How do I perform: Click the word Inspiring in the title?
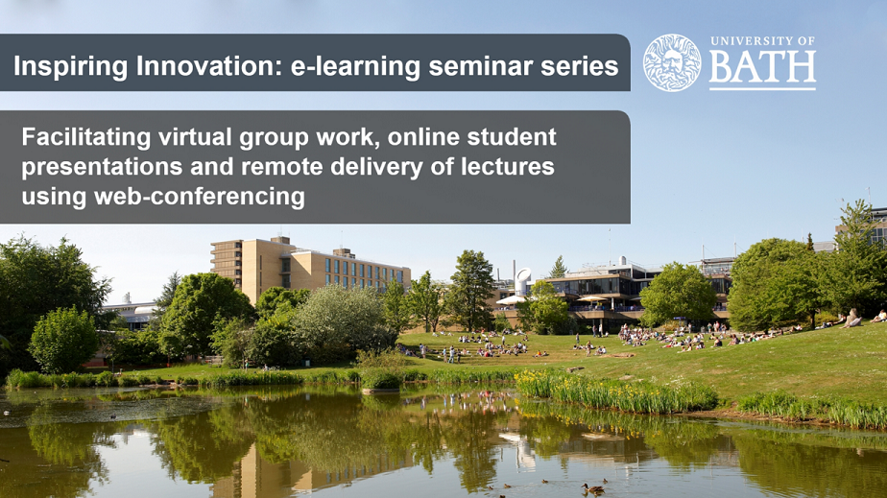71,67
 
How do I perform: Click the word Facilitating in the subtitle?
86,138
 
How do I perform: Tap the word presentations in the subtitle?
102,167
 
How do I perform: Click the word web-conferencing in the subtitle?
200,198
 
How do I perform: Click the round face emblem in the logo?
672,62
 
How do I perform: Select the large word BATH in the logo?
762,67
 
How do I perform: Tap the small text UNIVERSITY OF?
762,41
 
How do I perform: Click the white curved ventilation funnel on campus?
522,281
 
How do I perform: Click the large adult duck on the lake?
593,488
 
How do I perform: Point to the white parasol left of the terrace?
512,300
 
